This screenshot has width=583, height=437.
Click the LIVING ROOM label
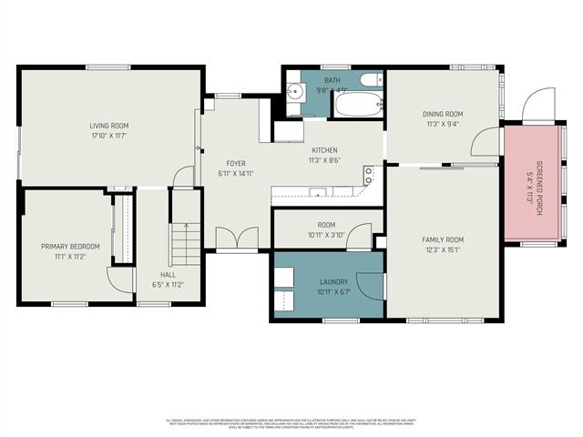(108, 125)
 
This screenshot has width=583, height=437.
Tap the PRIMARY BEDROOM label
(69, 247)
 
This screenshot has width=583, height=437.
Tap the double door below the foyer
(237, 239)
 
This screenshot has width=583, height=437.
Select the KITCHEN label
(324, 150)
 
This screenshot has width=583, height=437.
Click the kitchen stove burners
(369, 174)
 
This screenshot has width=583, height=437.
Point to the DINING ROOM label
(444, 114)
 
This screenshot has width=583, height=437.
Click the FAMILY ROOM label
(443, 239)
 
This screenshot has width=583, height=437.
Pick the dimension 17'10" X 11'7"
(108, 135)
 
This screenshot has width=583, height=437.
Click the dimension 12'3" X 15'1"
(443, 249)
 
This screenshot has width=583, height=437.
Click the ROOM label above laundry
(326, 225)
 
